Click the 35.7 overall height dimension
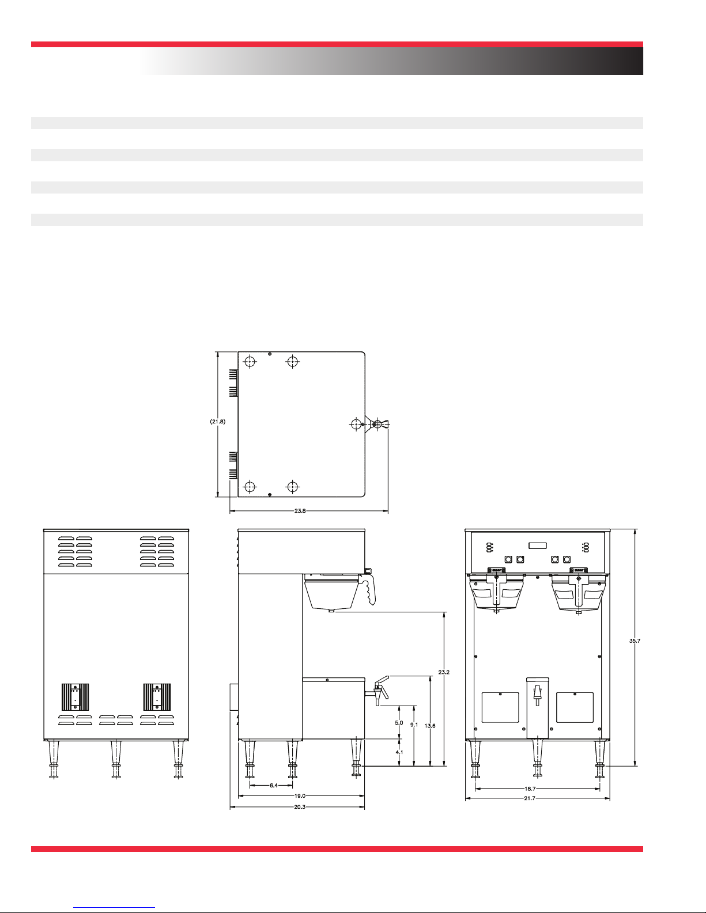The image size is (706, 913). tap(635, 641)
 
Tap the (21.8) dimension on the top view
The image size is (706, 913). tap(218, 422)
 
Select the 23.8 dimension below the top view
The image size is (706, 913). tap(300, 511)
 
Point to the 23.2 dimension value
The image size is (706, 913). tap(444, 672)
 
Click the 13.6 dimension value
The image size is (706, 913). tap(430, 726)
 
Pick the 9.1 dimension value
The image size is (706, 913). tap(414, 725)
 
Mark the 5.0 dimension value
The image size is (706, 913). tap(399, 723)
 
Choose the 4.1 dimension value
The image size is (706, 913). tap(399, 752)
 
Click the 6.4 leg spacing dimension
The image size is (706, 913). tap(274, 785)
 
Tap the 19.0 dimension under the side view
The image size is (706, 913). tap(300, 795)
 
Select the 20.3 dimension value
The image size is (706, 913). tap(300, 806)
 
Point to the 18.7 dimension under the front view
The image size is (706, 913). tap(530, 789)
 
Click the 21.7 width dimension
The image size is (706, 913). tap(530, 798)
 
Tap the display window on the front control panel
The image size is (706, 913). tap(538, 545)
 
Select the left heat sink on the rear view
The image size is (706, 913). tap(75, 696)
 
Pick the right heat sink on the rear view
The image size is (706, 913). tap(157, 696)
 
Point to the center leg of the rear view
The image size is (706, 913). tap(116, 759)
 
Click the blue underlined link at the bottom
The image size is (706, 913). tap(114, 908)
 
